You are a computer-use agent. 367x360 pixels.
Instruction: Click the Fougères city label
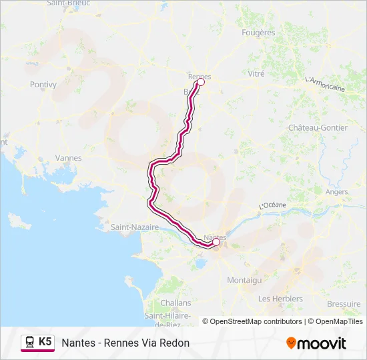[x=259, y=32]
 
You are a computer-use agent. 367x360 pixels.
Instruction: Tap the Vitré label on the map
[x=256, y=74]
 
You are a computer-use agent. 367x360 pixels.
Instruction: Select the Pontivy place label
[x=43, y=85]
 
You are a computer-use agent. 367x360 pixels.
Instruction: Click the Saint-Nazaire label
[x=135, y=227]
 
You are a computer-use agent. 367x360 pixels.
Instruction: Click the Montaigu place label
[x=244, y=281]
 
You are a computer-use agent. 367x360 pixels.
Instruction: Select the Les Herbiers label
[x=280, y=299]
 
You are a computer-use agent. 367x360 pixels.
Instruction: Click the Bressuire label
[x=344, y=303]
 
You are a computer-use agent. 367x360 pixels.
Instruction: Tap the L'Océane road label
[x=272, y=207]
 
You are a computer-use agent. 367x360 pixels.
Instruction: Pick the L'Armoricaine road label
[x=324, y=84]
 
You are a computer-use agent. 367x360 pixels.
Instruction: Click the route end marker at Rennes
[x=200, y=83]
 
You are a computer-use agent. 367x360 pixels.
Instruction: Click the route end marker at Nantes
[x=216, y=243]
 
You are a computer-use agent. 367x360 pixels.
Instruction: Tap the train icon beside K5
[x=30, y=342]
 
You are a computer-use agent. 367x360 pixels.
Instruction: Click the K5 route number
[x=45, y=342]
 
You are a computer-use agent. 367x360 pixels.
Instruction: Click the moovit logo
[x=316, y=343]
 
